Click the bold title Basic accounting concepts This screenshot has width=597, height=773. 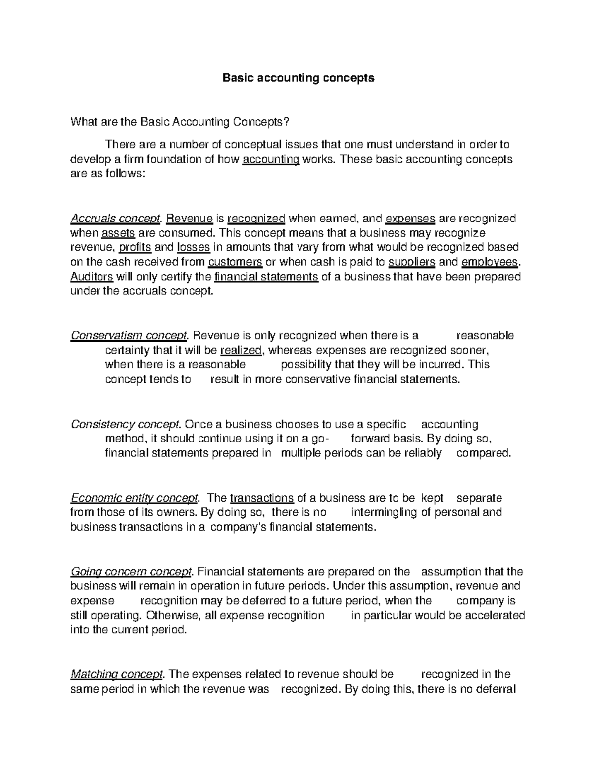[298, 78]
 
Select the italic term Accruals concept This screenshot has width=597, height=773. [116, 219]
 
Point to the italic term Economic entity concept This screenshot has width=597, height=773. [135, 498]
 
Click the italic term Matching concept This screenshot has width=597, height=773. [117, 674]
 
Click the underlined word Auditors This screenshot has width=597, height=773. [93, 277]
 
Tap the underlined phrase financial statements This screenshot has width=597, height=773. [266, 277]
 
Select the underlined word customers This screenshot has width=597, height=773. [235, 262]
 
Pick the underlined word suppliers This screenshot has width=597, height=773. [411, 262]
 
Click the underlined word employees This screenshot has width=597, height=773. [490, 262]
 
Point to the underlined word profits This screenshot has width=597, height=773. [135, 247]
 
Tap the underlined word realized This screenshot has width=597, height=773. [241, 350]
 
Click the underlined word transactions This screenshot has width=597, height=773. [262, 498]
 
